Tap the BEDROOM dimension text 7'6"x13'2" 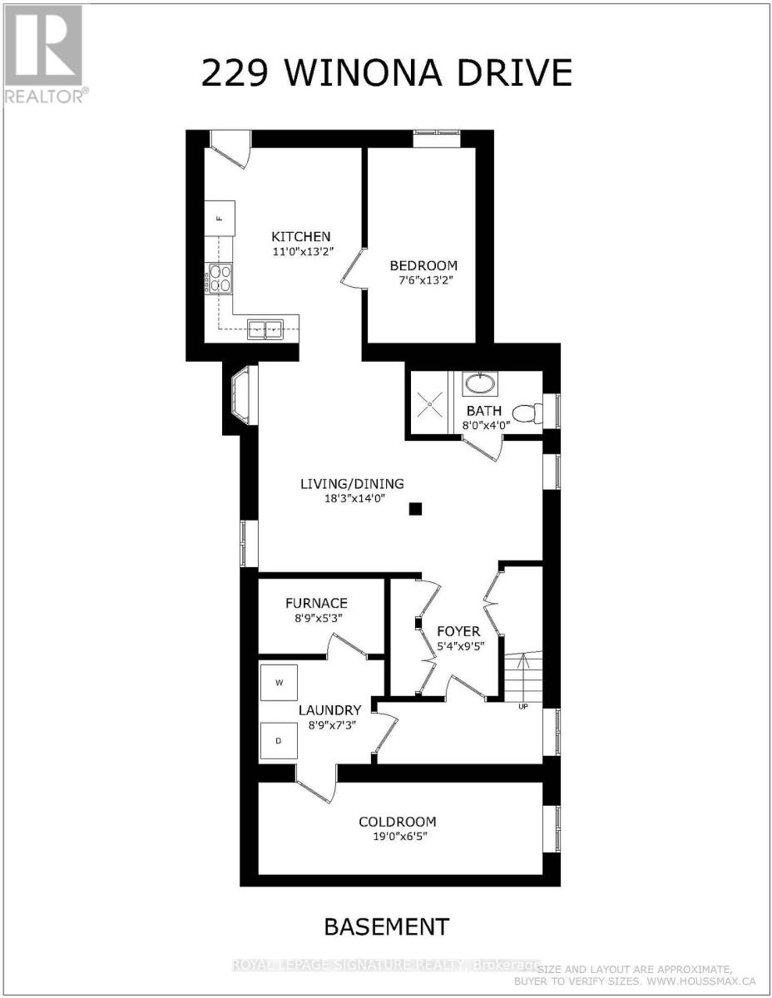click(x=423, y=281)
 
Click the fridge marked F click(x=220, y=219)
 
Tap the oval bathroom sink click(x=478, y=383)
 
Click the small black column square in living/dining click(x=416, y=509)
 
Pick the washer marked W click(x=280, y=683)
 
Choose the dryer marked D click(x=279, y=739)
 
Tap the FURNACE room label click(x=316, y=603)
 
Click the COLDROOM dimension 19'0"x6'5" click(x=397, y=837)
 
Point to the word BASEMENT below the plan click(x=386, y=926)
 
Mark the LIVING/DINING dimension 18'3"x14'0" click(x=352, y=499)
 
